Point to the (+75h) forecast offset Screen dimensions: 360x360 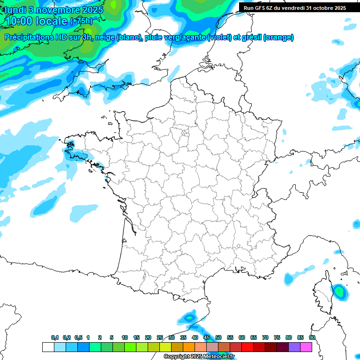(81, 21)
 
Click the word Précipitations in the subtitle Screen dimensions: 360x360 (30, 37)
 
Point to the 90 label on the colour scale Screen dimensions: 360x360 (312, 337)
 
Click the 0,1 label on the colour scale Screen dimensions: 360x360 (55, 337)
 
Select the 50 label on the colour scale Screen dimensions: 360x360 (218, 337)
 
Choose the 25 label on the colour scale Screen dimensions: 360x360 (160, 337)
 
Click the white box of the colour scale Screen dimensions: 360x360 (48, 347)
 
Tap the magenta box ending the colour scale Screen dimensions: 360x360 (306, 347)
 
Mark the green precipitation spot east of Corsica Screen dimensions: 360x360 (339, 292)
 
